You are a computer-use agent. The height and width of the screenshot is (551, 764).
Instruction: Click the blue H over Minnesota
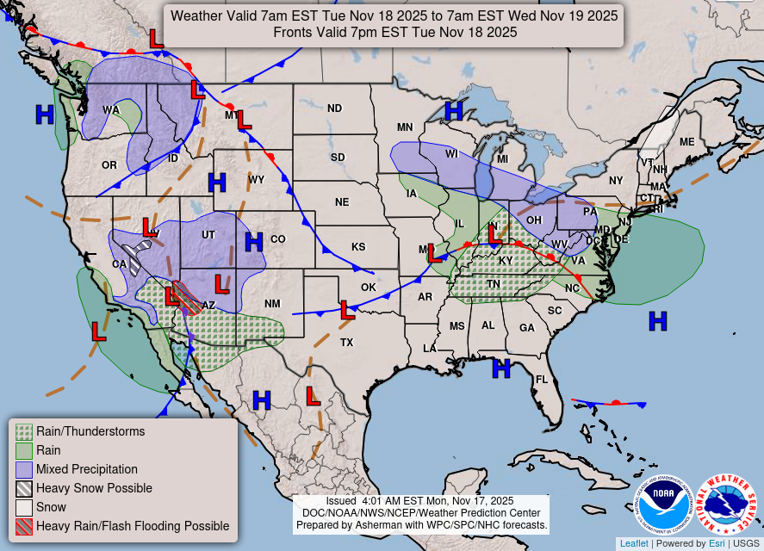point(453,110)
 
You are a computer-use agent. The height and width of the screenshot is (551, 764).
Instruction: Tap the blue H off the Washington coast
point(44,114)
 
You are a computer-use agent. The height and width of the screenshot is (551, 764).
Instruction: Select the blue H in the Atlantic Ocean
point(658,321)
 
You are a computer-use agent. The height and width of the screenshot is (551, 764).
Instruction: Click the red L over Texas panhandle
point(347,309)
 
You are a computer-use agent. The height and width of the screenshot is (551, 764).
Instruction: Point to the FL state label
point(542,380)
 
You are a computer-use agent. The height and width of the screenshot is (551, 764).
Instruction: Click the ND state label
point(334,108)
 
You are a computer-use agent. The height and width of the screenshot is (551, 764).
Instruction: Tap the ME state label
point(686,142)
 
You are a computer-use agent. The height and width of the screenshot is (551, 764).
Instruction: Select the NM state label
point(272,304)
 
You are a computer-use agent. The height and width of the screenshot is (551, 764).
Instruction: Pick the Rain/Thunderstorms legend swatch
point(24,431)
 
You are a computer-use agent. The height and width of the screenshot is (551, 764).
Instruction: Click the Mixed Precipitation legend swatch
point(24,469)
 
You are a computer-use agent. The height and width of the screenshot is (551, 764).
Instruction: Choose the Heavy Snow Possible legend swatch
point(24,488)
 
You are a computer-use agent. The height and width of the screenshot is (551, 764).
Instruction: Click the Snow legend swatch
point(24,507)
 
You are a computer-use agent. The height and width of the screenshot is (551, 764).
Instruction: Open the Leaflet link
point(633,543)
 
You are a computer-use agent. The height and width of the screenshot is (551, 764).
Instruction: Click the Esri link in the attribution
point(717,543)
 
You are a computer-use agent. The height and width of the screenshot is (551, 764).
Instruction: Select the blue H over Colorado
point(253,242)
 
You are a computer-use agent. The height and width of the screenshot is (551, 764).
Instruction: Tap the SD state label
point(338,158)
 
